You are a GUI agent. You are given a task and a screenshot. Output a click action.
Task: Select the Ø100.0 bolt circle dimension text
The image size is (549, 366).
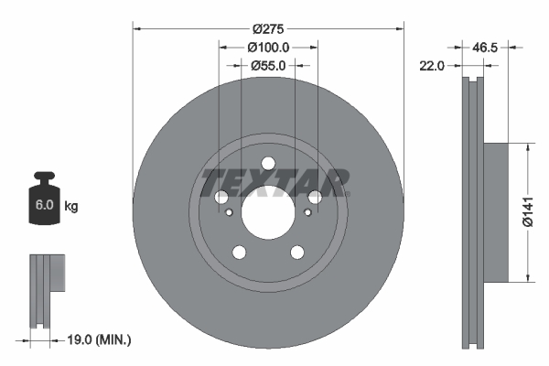[x=268, y=48]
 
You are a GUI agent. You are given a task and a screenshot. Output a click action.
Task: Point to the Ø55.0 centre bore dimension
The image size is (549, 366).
[x=268, y=66]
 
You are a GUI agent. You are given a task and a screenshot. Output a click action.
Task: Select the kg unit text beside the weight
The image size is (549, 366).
[x=71, y=207]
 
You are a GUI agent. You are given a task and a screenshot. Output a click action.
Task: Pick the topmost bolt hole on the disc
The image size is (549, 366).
[x=268, y=165]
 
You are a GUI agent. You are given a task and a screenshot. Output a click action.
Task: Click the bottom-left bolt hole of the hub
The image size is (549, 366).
[x=239, y=253]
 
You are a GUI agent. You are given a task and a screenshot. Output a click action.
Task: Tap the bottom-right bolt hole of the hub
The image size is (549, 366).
[x=296, y=253]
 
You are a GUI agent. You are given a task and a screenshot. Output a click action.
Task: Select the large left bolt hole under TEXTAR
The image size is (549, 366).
[x=221, y=198]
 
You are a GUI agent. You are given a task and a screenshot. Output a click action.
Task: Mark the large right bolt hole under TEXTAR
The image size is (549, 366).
[x=315, y=198]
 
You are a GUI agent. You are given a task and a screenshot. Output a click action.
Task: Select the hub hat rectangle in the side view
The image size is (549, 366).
[x=495, y=211]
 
